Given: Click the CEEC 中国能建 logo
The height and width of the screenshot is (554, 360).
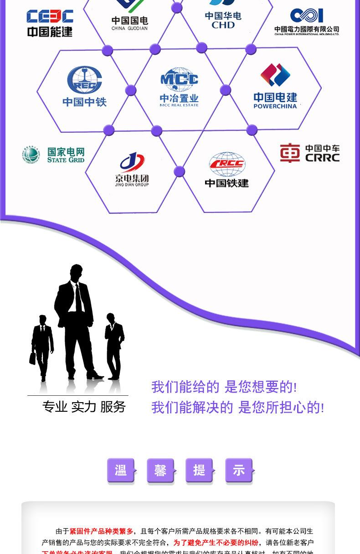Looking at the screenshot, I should pos(50,23).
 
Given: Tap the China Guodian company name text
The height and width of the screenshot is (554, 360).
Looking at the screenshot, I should pos(130,23).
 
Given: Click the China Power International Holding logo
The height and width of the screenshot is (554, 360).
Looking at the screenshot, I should pos(307,21).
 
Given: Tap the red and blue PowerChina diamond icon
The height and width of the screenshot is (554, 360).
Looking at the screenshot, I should pos(275,75).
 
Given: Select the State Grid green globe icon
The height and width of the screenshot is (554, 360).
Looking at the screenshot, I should pos(31,155).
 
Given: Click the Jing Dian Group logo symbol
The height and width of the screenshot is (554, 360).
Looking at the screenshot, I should pos(132,163).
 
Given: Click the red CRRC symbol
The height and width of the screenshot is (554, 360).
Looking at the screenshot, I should pos(290,153).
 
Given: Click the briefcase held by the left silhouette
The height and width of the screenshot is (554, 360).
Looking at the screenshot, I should pos(33,358).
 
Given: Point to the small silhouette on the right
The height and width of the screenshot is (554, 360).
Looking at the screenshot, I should pos(114,346).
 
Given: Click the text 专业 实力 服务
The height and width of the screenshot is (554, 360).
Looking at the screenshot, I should pos(84,406).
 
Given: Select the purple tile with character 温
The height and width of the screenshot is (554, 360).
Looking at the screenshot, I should pos(121,470).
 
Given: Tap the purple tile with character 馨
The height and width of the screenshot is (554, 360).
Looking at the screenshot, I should pos(160,471).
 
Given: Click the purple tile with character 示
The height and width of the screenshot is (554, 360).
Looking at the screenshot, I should pos(239,470).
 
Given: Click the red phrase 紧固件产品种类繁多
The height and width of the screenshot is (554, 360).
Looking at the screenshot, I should pos(101,531).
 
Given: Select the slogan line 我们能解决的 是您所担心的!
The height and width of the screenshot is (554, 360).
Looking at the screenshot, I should pos(237,407).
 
